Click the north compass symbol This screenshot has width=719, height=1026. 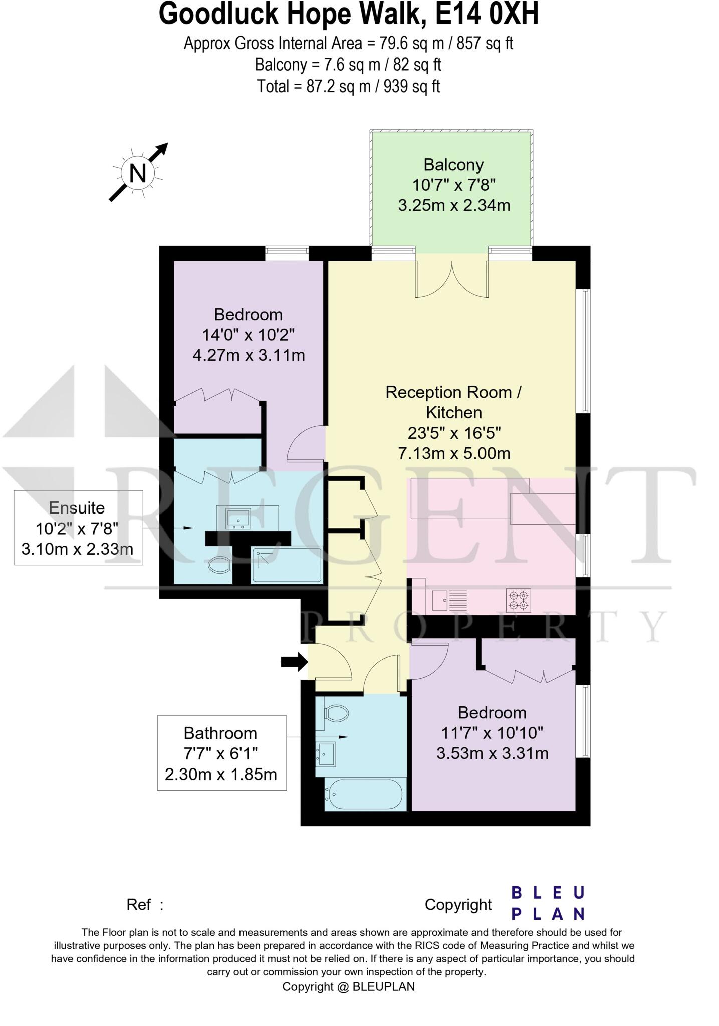coord(137,173)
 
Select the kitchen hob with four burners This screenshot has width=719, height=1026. coord(518,600)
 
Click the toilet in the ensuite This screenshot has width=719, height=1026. coord(219,566)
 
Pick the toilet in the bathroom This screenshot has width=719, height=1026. coord(336,712)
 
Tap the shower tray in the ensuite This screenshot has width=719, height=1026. coord(287,565)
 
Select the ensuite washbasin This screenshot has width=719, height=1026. coord(238,518)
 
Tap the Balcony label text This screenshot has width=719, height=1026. coord(453,165)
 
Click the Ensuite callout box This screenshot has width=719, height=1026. coord(78,528)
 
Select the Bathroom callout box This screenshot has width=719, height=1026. coord(221,753)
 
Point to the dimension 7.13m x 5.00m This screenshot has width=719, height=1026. coord(454,454)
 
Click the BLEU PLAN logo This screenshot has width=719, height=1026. coord(547,903)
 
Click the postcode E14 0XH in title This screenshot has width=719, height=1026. coord(487,14)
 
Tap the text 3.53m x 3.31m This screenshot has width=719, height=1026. coord(492,753)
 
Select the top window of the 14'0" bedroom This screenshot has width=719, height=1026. coord(287,253)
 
